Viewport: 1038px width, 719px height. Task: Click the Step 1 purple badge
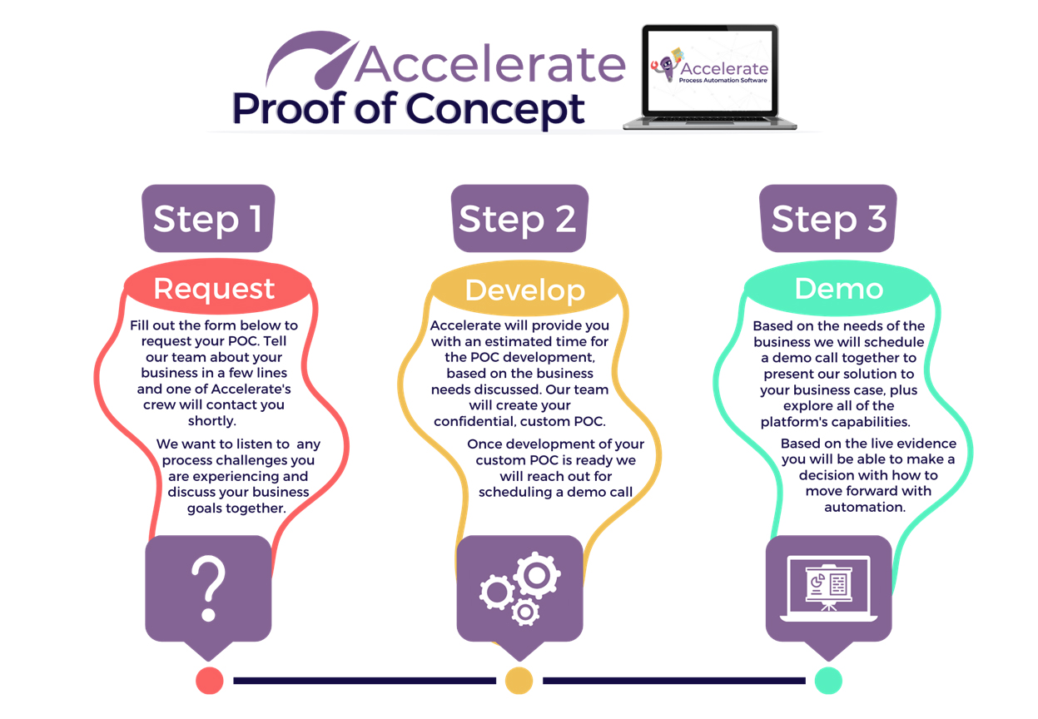pos(208,218)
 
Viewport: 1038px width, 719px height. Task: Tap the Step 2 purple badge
pos(519,218)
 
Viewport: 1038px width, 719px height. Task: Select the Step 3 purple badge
pos(828,218)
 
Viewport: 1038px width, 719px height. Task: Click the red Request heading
pos(214,288)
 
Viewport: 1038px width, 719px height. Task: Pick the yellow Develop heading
pos(525,290)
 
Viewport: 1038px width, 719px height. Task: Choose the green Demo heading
pos(839,289)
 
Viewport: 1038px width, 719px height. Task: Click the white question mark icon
pos(209,588)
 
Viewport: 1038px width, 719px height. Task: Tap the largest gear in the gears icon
pos(537,575)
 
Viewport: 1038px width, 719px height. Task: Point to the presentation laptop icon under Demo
pos(828,588)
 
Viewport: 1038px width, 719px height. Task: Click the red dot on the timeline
pos(210,681)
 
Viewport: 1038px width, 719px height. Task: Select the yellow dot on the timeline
pos(519,681)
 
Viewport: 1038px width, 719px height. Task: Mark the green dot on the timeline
pos(828,681)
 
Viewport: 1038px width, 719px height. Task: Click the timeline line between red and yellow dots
pos(365,681)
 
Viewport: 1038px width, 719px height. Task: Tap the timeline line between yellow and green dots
pos(674,681)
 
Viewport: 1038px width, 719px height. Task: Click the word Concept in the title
pos(495,110)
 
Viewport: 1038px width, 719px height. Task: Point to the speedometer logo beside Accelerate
pos(311,60)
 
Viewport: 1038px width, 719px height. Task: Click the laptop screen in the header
pos(710,71)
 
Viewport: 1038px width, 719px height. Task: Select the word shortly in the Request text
pos(211,420)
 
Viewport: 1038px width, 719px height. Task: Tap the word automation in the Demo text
pos(865,508)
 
